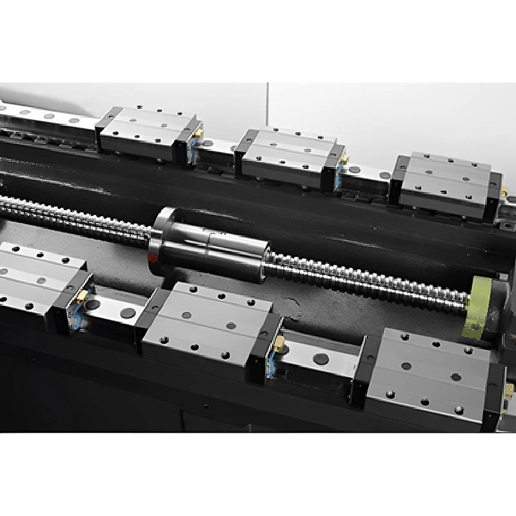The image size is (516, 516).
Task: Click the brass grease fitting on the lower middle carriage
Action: coord(279,344)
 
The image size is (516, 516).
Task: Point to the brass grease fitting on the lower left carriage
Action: coord(82,296)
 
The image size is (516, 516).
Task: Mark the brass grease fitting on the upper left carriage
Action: coord(199,134)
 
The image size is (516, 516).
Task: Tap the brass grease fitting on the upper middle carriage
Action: coord(344,159)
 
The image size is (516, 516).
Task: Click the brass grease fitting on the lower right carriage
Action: coord(509,391)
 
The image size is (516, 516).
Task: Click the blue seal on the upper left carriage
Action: coord(192,152)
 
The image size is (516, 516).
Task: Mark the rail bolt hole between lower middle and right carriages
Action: coord(321,359)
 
